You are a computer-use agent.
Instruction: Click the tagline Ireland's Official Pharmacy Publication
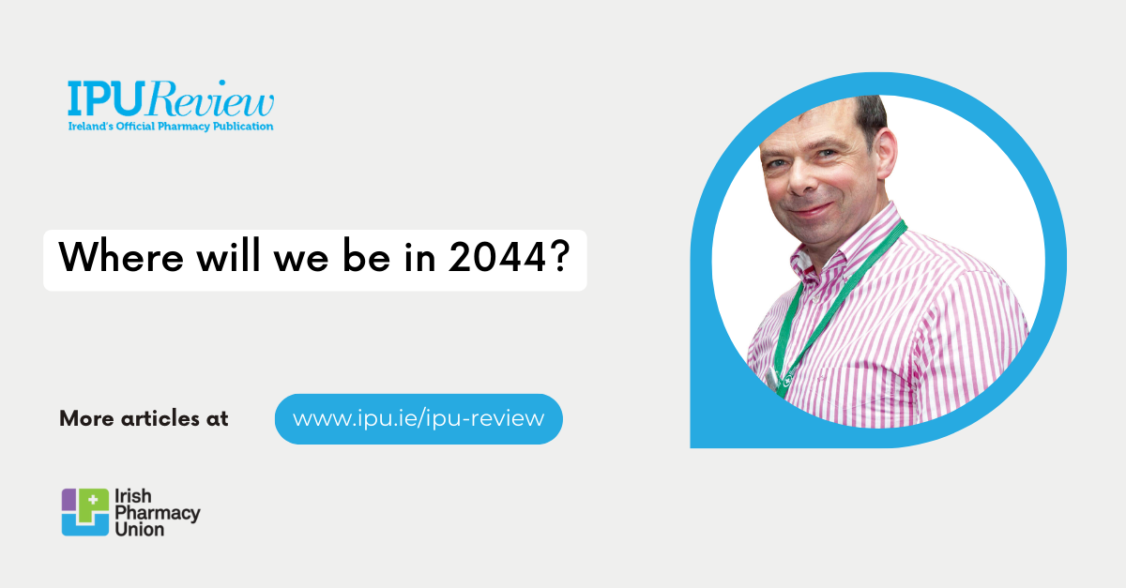click(x=170, y=126)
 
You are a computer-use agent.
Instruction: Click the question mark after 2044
click(x=559, y=258)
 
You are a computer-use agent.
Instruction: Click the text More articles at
click(x=144, y=418)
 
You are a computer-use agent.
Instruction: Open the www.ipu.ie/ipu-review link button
click(x=418, y=418)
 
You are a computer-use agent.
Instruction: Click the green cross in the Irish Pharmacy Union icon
click(x=92, y=500)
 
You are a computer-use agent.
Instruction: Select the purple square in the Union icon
click(x=69, y=499)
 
